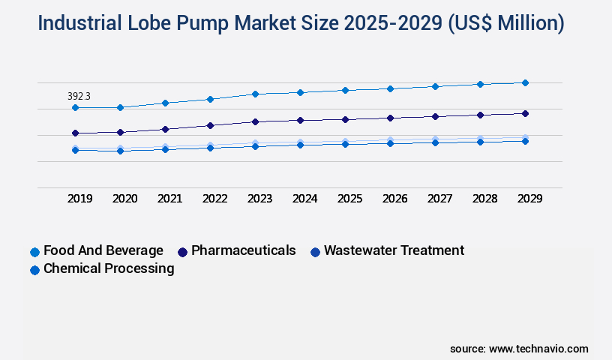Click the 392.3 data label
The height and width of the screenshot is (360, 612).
(x=79, y=96)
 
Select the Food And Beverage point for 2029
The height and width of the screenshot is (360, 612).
(x=525, y=82)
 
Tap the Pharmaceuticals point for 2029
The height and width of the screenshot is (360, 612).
(x=525, y=113)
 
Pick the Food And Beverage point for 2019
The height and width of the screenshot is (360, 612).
(x=75, y=108)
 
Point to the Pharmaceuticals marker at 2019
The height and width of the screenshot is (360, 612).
(x=75, y=133)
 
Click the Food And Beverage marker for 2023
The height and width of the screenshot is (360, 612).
(x=255, y=94)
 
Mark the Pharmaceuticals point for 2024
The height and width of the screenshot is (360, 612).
(x=300, y=120)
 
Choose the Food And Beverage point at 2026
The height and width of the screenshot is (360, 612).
(x=390, y=88)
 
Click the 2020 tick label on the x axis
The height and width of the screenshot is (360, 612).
(x=124, y=199)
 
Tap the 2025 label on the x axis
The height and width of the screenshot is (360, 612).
(x=349, y=199)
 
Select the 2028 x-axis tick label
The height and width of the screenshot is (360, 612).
(x=484, y=199)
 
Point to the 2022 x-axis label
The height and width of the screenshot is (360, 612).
(x=214, y=199)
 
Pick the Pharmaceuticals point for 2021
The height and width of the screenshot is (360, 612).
(x=165, y=129)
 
